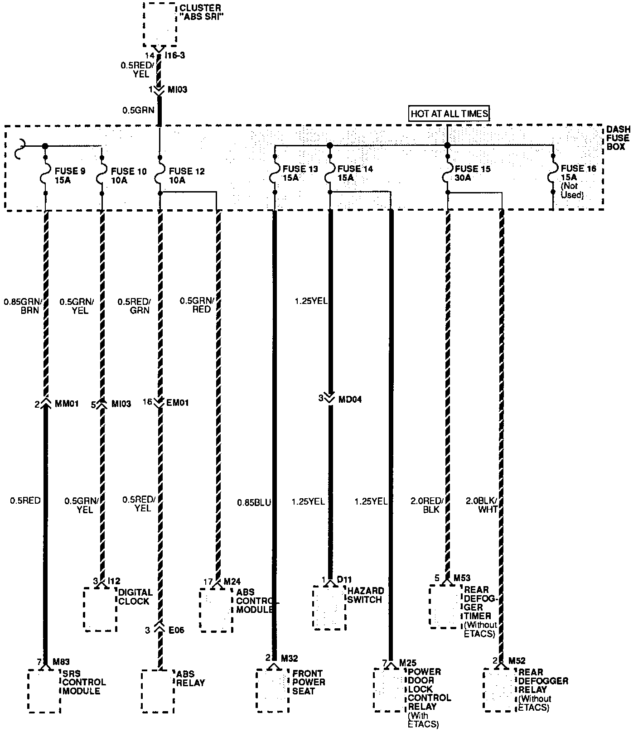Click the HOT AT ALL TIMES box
[449, 113]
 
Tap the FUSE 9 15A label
[69, 175]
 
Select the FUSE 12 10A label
[186, 175]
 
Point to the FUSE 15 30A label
[473, 173]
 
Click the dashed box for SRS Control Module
[44, 690]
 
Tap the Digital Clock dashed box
[100, 609]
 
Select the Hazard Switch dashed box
[329, 607]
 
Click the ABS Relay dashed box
[157, 690]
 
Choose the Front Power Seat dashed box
[272, 690]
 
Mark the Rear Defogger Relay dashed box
[500, 689]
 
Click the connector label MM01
[66, 403]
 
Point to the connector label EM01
[178, 402]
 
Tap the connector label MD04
[350, 400]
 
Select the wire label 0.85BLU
[254, 502]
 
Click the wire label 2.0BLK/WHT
[482, 505]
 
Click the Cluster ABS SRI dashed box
[159, 24]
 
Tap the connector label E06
[176, 630]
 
